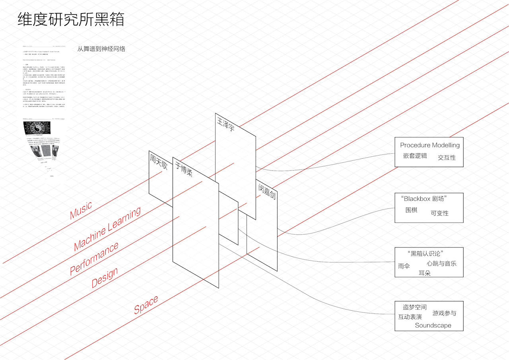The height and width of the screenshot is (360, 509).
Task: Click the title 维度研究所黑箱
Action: point(71,19)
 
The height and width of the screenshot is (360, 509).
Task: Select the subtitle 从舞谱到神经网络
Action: point(101,49)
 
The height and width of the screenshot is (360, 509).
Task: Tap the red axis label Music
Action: point(81,210)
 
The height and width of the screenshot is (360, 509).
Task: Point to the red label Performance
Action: point(94,259)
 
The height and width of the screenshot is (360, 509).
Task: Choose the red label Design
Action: point(105,278)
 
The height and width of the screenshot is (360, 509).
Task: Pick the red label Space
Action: point(146,305)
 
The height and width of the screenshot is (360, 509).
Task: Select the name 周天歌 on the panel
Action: point(158,162)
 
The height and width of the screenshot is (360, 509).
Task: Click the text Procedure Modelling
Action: point(430,145)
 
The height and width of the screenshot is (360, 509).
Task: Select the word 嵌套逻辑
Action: point(415,156)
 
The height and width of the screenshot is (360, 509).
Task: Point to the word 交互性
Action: point(447,158)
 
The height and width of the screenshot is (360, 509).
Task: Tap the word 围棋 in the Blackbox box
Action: point(411,210)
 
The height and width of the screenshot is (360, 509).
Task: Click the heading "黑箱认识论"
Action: point(425,254)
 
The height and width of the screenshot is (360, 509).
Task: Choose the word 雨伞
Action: point(404,266)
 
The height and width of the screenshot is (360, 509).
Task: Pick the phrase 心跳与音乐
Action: point(441,263)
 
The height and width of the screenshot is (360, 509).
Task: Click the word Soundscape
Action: point(433,325)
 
